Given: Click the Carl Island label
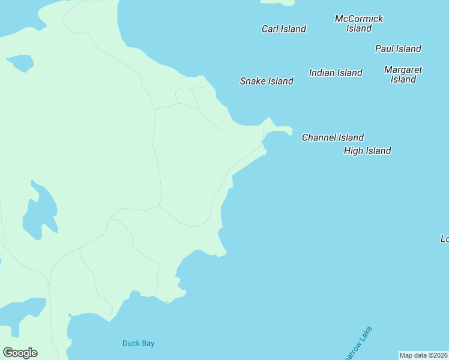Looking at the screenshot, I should (x=283, y=29).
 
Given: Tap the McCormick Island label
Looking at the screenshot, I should (x=359, y=23).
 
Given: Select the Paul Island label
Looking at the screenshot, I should (x=398, y=49).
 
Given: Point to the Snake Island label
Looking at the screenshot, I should (x=267, y=81).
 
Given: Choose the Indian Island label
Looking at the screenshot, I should (x=336, y=73).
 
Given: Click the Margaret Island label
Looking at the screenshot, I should (x=403, y=74).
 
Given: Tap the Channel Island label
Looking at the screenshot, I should (x=333, y=137).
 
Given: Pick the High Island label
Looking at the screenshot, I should (x=367, y=151).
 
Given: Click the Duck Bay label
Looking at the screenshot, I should (x=139, y=343).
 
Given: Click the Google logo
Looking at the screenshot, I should (x=20, y=353).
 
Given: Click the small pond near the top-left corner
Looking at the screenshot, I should (x=20, y=62).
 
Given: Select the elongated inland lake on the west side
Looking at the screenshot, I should (x=40, y=211).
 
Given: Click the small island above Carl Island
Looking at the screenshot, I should (x=277, y=2).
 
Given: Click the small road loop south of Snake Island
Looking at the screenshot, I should (x=185, y=97).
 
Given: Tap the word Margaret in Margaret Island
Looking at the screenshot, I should (x=403, y=70).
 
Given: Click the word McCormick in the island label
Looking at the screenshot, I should (x=359, y=19).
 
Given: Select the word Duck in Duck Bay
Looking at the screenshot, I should (x=131, y=343).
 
